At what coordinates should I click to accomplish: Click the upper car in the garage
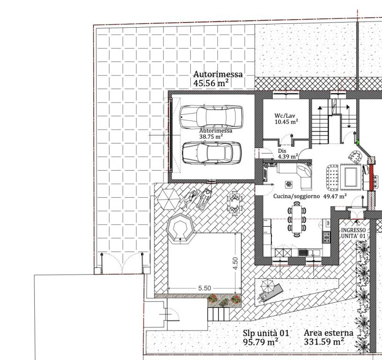[x=211, y=117]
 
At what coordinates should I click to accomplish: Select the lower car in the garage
[x=212, y=153]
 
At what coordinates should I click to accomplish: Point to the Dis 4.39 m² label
[x=288, y=154]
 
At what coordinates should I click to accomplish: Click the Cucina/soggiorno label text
[x=296, y=196]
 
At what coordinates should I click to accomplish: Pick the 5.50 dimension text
[x=204, y=288]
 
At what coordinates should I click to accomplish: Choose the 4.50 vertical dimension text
[x=235, y=263]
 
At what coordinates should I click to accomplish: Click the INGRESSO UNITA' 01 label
[x=353, y=233]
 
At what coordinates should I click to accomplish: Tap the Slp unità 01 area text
[x=266, y=333]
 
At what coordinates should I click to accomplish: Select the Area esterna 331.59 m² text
[x=329, y=337]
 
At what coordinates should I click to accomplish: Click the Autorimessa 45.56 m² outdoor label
[x=218, y=78]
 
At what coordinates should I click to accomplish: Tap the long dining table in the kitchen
[x=297, y=219]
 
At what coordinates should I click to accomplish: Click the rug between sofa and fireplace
[x=351, y=176]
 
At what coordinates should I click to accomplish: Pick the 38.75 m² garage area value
[x=211, y=136]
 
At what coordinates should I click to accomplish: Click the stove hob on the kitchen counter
[x=326, y=237]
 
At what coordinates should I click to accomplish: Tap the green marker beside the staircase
[x=359, y=142]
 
